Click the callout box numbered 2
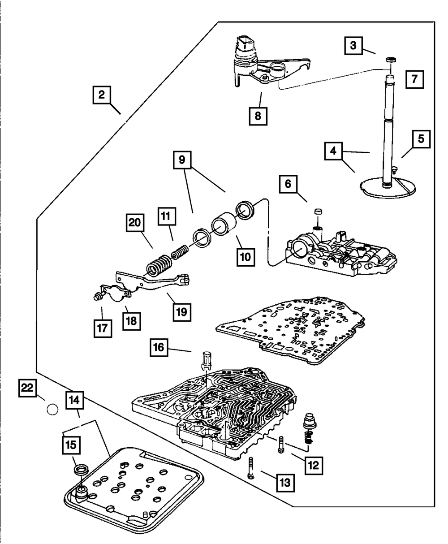(102, 95)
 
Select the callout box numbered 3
(353, 46)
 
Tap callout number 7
(414, 80)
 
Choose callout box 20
(134, 223)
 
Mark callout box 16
(160, 347)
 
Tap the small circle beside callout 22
(52, 409)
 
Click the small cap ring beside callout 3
(391, 59)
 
